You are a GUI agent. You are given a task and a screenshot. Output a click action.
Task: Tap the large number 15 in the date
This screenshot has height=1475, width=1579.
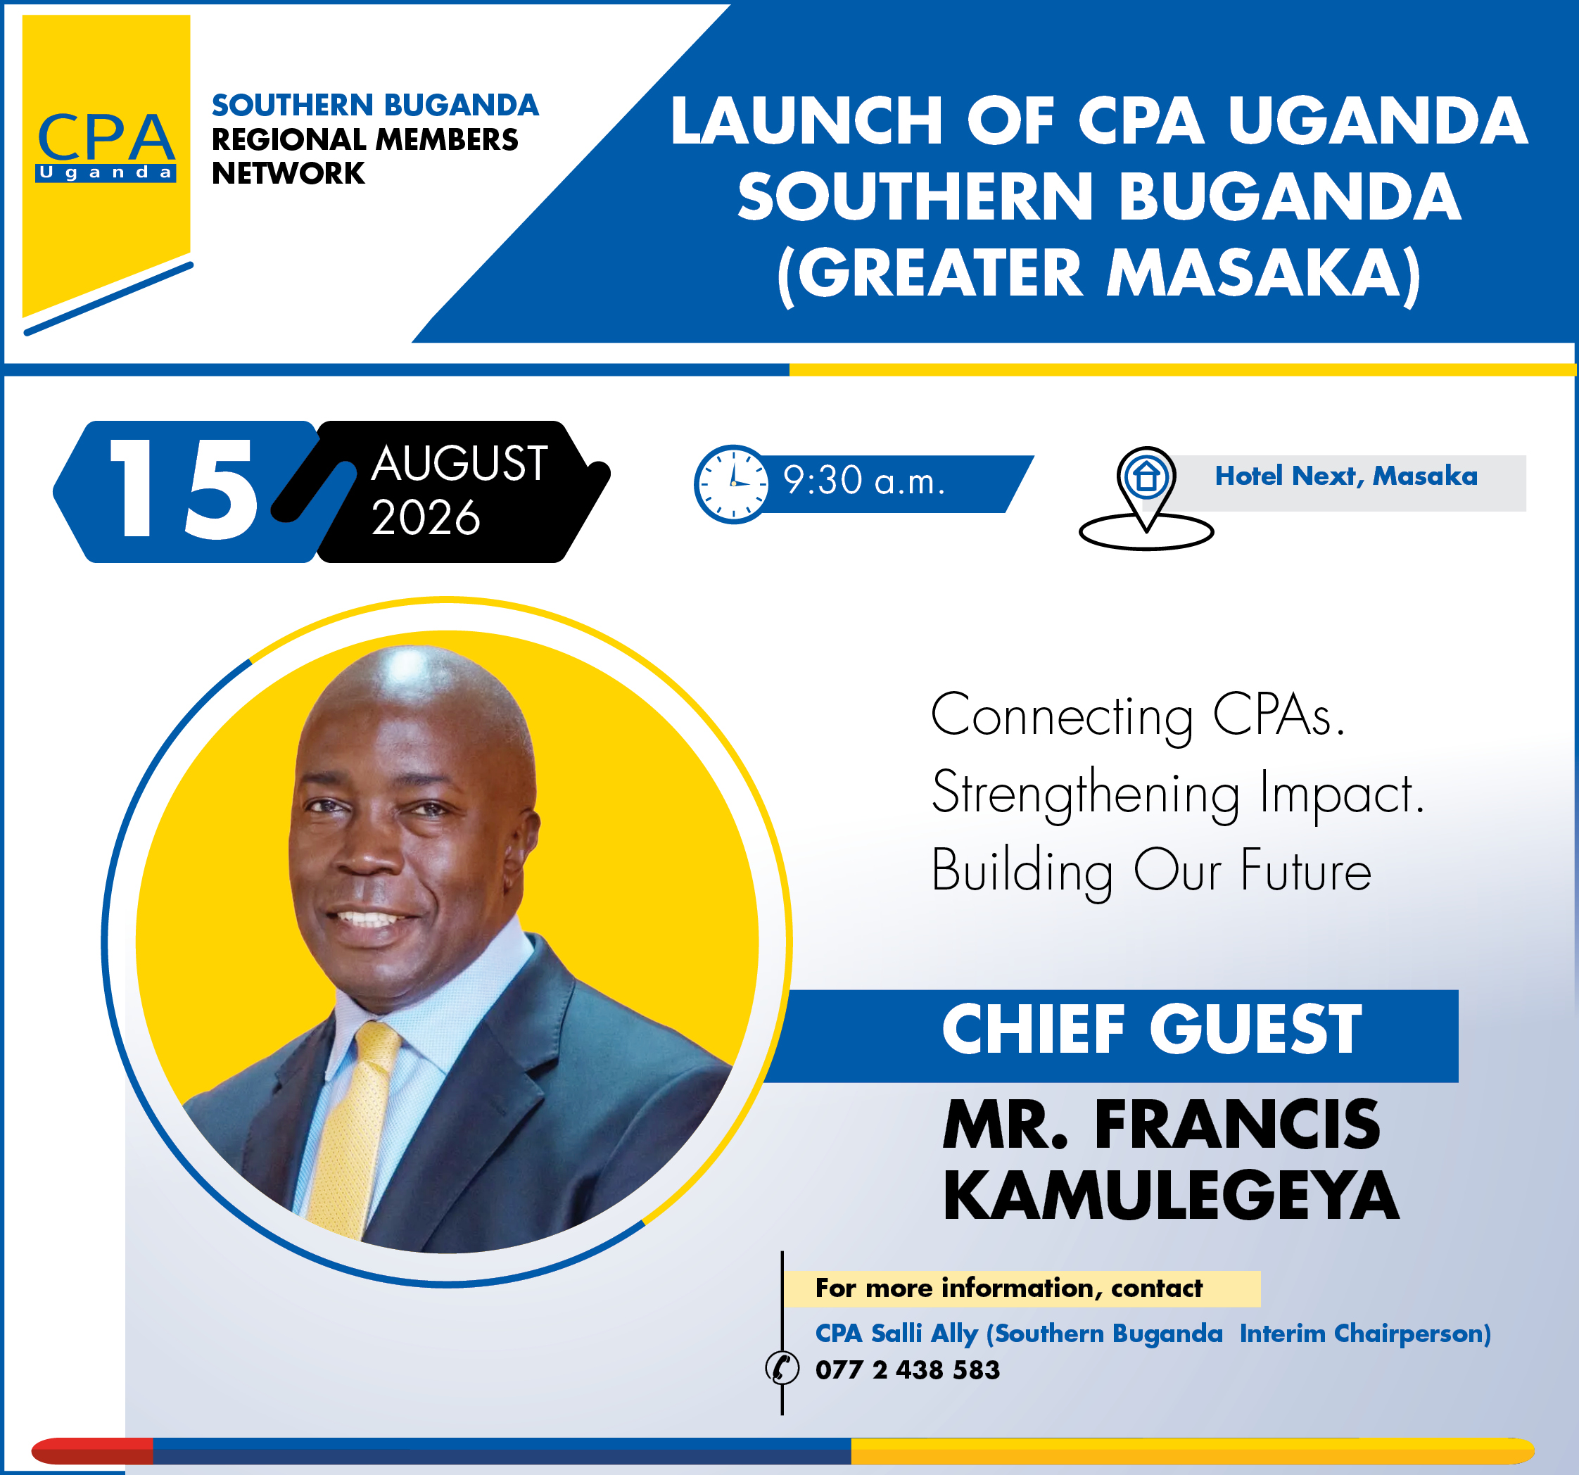tap(184, 489)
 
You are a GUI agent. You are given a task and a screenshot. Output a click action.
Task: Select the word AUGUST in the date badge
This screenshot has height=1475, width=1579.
tap(459, 463)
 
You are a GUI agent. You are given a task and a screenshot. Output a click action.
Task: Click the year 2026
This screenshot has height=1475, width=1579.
tap(426, 518)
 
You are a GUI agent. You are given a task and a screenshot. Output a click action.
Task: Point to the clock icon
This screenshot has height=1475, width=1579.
tap(732, 483)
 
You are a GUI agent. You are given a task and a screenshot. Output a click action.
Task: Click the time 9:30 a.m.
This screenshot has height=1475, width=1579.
tap(864, 481)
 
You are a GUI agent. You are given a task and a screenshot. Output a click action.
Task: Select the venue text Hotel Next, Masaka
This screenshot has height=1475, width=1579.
tap(1346, 476)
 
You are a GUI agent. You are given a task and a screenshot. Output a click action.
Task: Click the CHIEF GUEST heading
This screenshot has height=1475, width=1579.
tap(1152, 1030)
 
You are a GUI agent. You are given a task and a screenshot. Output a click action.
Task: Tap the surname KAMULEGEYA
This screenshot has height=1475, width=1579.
tap(1171, 1196)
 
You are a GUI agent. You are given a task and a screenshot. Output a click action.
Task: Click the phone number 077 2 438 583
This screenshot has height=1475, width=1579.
tap(907, 1369)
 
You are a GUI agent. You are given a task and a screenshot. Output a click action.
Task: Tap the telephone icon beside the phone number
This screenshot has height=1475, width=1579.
tap(782, 1369)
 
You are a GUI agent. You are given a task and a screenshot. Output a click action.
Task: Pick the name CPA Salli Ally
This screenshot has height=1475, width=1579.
tap(896, 1333)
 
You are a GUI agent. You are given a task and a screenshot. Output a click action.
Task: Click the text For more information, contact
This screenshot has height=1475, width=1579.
tap(1009, 1288)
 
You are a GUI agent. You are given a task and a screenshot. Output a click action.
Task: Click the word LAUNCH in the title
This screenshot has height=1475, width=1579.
tap(807, 121)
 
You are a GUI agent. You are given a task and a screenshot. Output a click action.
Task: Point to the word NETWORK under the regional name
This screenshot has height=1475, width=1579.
tap(288, 173)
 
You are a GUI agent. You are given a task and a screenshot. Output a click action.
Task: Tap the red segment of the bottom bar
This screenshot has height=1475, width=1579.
tap(92, 1450)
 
